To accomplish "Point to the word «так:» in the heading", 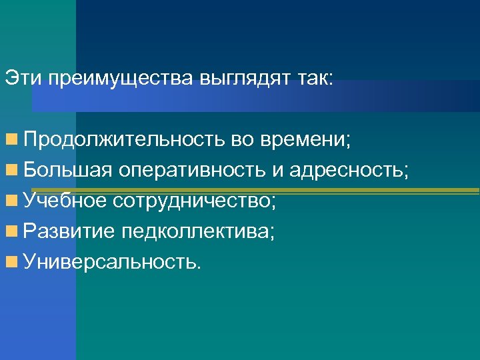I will pyautogui.click(x=317, y=79).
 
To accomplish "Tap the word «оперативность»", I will pyautogui.click(x=193, y=171).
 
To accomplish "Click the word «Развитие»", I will pyautogui.click(x=69, y=231).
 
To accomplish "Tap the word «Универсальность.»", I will pyautogui.click(x=111, y=261).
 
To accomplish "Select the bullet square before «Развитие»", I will pyautogui.click(x=11, y=231).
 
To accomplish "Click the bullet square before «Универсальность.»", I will pyautogui.click(x=11, y=261).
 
